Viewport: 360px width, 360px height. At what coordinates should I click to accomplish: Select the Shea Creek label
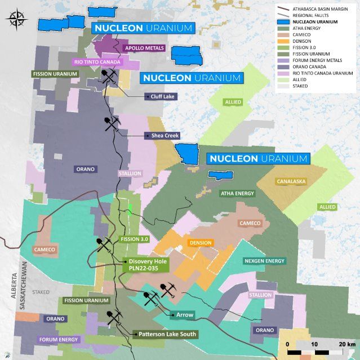[x=162, y=135]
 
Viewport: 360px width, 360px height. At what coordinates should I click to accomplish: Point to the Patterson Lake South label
[x=166, y=334]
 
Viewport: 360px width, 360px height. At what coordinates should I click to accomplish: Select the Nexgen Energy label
[x=264, y=261]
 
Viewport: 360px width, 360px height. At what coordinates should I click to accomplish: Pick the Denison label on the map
[x=201, y=243]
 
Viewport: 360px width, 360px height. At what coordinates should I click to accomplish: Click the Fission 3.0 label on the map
[x=134, y=239]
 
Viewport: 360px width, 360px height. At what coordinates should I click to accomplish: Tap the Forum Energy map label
[x=59, y=340]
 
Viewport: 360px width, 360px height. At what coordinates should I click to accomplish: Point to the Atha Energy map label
[x=237, y=193]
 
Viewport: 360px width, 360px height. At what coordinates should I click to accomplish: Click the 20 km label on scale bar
[x=346, y=344]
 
